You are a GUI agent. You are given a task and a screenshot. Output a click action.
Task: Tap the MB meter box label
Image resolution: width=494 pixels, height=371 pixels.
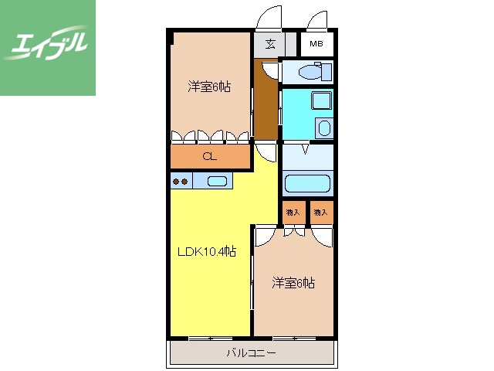pyautogui.click(x=316, y=44)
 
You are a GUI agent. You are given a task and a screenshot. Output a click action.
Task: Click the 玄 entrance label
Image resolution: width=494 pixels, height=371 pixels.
pyautogui.click(x=270, y=44)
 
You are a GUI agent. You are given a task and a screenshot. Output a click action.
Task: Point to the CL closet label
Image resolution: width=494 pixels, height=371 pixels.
pyautogui.click(x=209, y=157)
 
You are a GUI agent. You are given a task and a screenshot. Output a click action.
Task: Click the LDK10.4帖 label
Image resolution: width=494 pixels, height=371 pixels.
pyautogui.click(x=207, y=251)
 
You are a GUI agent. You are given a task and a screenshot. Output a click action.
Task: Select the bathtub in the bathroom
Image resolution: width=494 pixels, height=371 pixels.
pyautogui.click(x=307, y=184)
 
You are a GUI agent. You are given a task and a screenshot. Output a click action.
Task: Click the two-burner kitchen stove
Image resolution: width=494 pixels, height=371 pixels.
pyautogui.click(x=181, y=182)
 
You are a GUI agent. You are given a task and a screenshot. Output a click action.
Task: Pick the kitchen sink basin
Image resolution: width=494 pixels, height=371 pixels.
pyautogui.click(x=218, y=182)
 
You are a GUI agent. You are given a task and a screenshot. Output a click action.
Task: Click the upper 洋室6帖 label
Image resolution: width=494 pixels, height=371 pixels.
pyautogui.click(x=209, y=87)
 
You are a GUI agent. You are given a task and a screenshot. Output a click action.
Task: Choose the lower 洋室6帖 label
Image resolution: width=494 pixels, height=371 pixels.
pyautogui.click(x=293, y=283)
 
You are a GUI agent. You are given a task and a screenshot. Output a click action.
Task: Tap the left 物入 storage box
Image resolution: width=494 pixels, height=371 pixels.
pyautogui.click(x=293, y=211)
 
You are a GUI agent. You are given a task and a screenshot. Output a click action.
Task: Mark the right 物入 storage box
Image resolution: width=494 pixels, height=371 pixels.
pyautogui.click(x=320, y=211)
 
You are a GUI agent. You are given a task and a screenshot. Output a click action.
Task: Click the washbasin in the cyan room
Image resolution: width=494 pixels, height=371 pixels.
pyautogui.click(x=325, y=128)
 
